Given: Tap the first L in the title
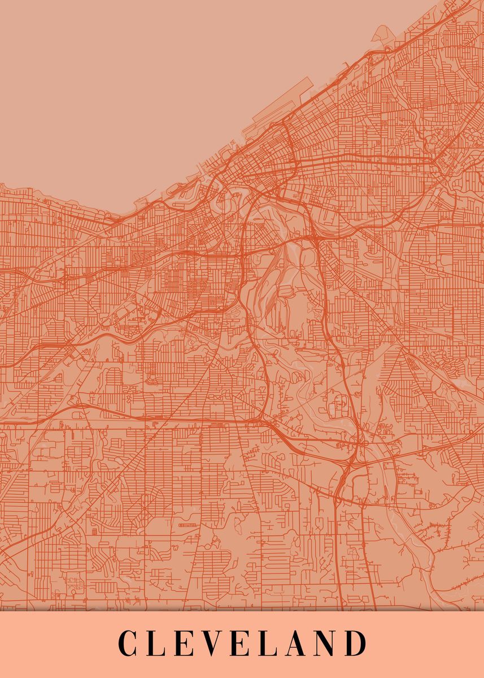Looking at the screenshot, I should [x=158, y=644].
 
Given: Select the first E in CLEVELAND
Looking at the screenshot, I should [x=187, y=644].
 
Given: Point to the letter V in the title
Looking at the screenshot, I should [x=216, y=644].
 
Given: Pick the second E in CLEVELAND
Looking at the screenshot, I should [x=246, y=644].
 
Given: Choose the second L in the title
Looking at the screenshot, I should [x=274, y=644].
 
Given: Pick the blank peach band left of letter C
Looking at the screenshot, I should [x=56, y=644].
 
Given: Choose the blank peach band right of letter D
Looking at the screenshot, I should [x=424, y=644].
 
